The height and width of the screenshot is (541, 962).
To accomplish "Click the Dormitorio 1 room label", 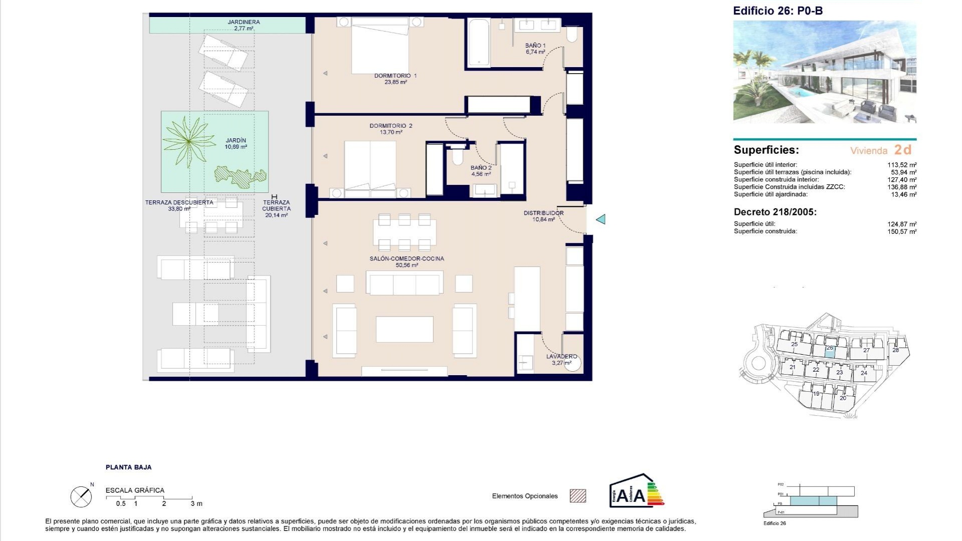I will coord(395,76).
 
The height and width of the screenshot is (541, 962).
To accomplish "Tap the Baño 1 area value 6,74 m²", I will coord(535,52).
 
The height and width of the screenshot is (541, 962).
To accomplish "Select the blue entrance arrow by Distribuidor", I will coord(600,219).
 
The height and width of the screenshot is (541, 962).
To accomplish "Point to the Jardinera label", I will coord(244,22).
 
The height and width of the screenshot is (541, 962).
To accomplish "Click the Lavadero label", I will coord(561,356).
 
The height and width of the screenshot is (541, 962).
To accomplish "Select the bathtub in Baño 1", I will coord(480,43).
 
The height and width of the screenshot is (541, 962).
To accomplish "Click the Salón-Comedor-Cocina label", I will coord(407,258).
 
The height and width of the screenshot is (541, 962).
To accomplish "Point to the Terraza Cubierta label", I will coord(276,205).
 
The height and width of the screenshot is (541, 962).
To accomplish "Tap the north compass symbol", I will coord(81,496).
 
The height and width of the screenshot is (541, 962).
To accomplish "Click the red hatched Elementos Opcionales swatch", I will coord(578,496).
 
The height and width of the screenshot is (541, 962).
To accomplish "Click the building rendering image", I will coord(824,72).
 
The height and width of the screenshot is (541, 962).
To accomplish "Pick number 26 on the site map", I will coord(829,348).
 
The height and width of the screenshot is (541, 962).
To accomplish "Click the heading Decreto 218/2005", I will coord(775,212).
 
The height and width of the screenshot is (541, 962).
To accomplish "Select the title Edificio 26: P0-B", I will coord(778,11).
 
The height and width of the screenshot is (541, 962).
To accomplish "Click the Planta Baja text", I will coord(128,467).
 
